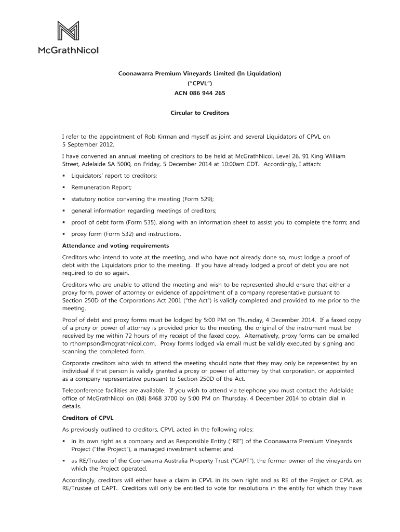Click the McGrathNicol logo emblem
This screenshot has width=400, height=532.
(x=68, y=32)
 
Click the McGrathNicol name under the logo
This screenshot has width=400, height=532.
(x=68, y=50)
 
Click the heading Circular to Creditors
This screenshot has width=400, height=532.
(x=200, y=113)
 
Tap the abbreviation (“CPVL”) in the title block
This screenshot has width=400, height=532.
(x=200, y=84)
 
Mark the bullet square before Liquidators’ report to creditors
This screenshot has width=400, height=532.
(x=64, y=176)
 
